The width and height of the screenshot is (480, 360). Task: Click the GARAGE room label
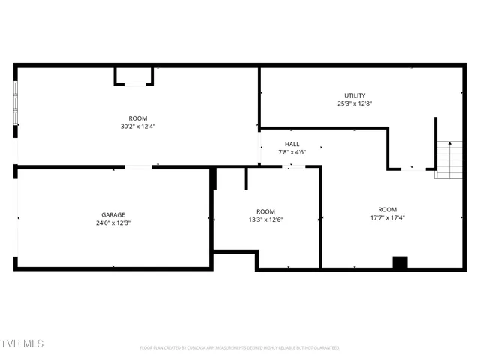pos(113,214)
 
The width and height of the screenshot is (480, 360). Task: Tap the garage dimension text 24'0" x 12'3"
pos(113,223)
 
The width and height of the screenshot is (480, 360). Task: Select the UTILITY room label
pos(355,95)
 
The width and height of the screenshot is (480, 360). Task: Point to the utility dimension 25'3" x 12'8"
pos(355,103)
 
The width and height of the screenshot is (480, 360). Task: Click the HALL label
pos(292,144)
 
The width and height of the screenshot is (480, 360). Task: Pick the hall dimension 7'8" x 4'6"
pos(292,152)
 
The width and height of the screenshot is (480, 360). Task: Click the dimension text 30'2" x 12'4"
pos(137,127)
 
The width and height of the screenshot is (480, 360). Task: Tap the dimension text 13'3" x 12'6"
pos(265,220)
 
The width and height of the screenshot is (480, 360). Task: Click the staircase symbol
pos(449,160)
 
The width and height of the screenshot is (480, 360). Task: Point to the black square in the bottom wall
pos(400,262)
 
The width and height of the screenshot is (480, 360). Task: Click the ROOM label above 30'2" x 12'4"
pos(137,118)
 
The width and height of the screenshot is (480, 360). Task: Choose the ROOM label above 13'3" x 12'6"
pos(265,211)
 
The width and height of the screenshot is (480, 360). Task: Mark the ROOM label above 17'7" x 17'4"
pos(387,209)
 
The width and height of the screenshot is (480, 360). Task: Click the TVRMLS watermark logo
pos(22,343)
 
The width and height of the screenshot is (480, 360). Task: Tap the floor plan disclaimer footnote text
pos(239,348)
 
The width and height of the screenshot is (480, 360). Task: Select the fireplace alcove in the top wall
pos(134,76)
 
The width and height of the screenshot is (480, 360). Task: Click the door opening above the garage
pos(139,167)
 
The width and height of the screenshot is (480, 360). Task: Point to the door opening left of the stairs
pos(412,169)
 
